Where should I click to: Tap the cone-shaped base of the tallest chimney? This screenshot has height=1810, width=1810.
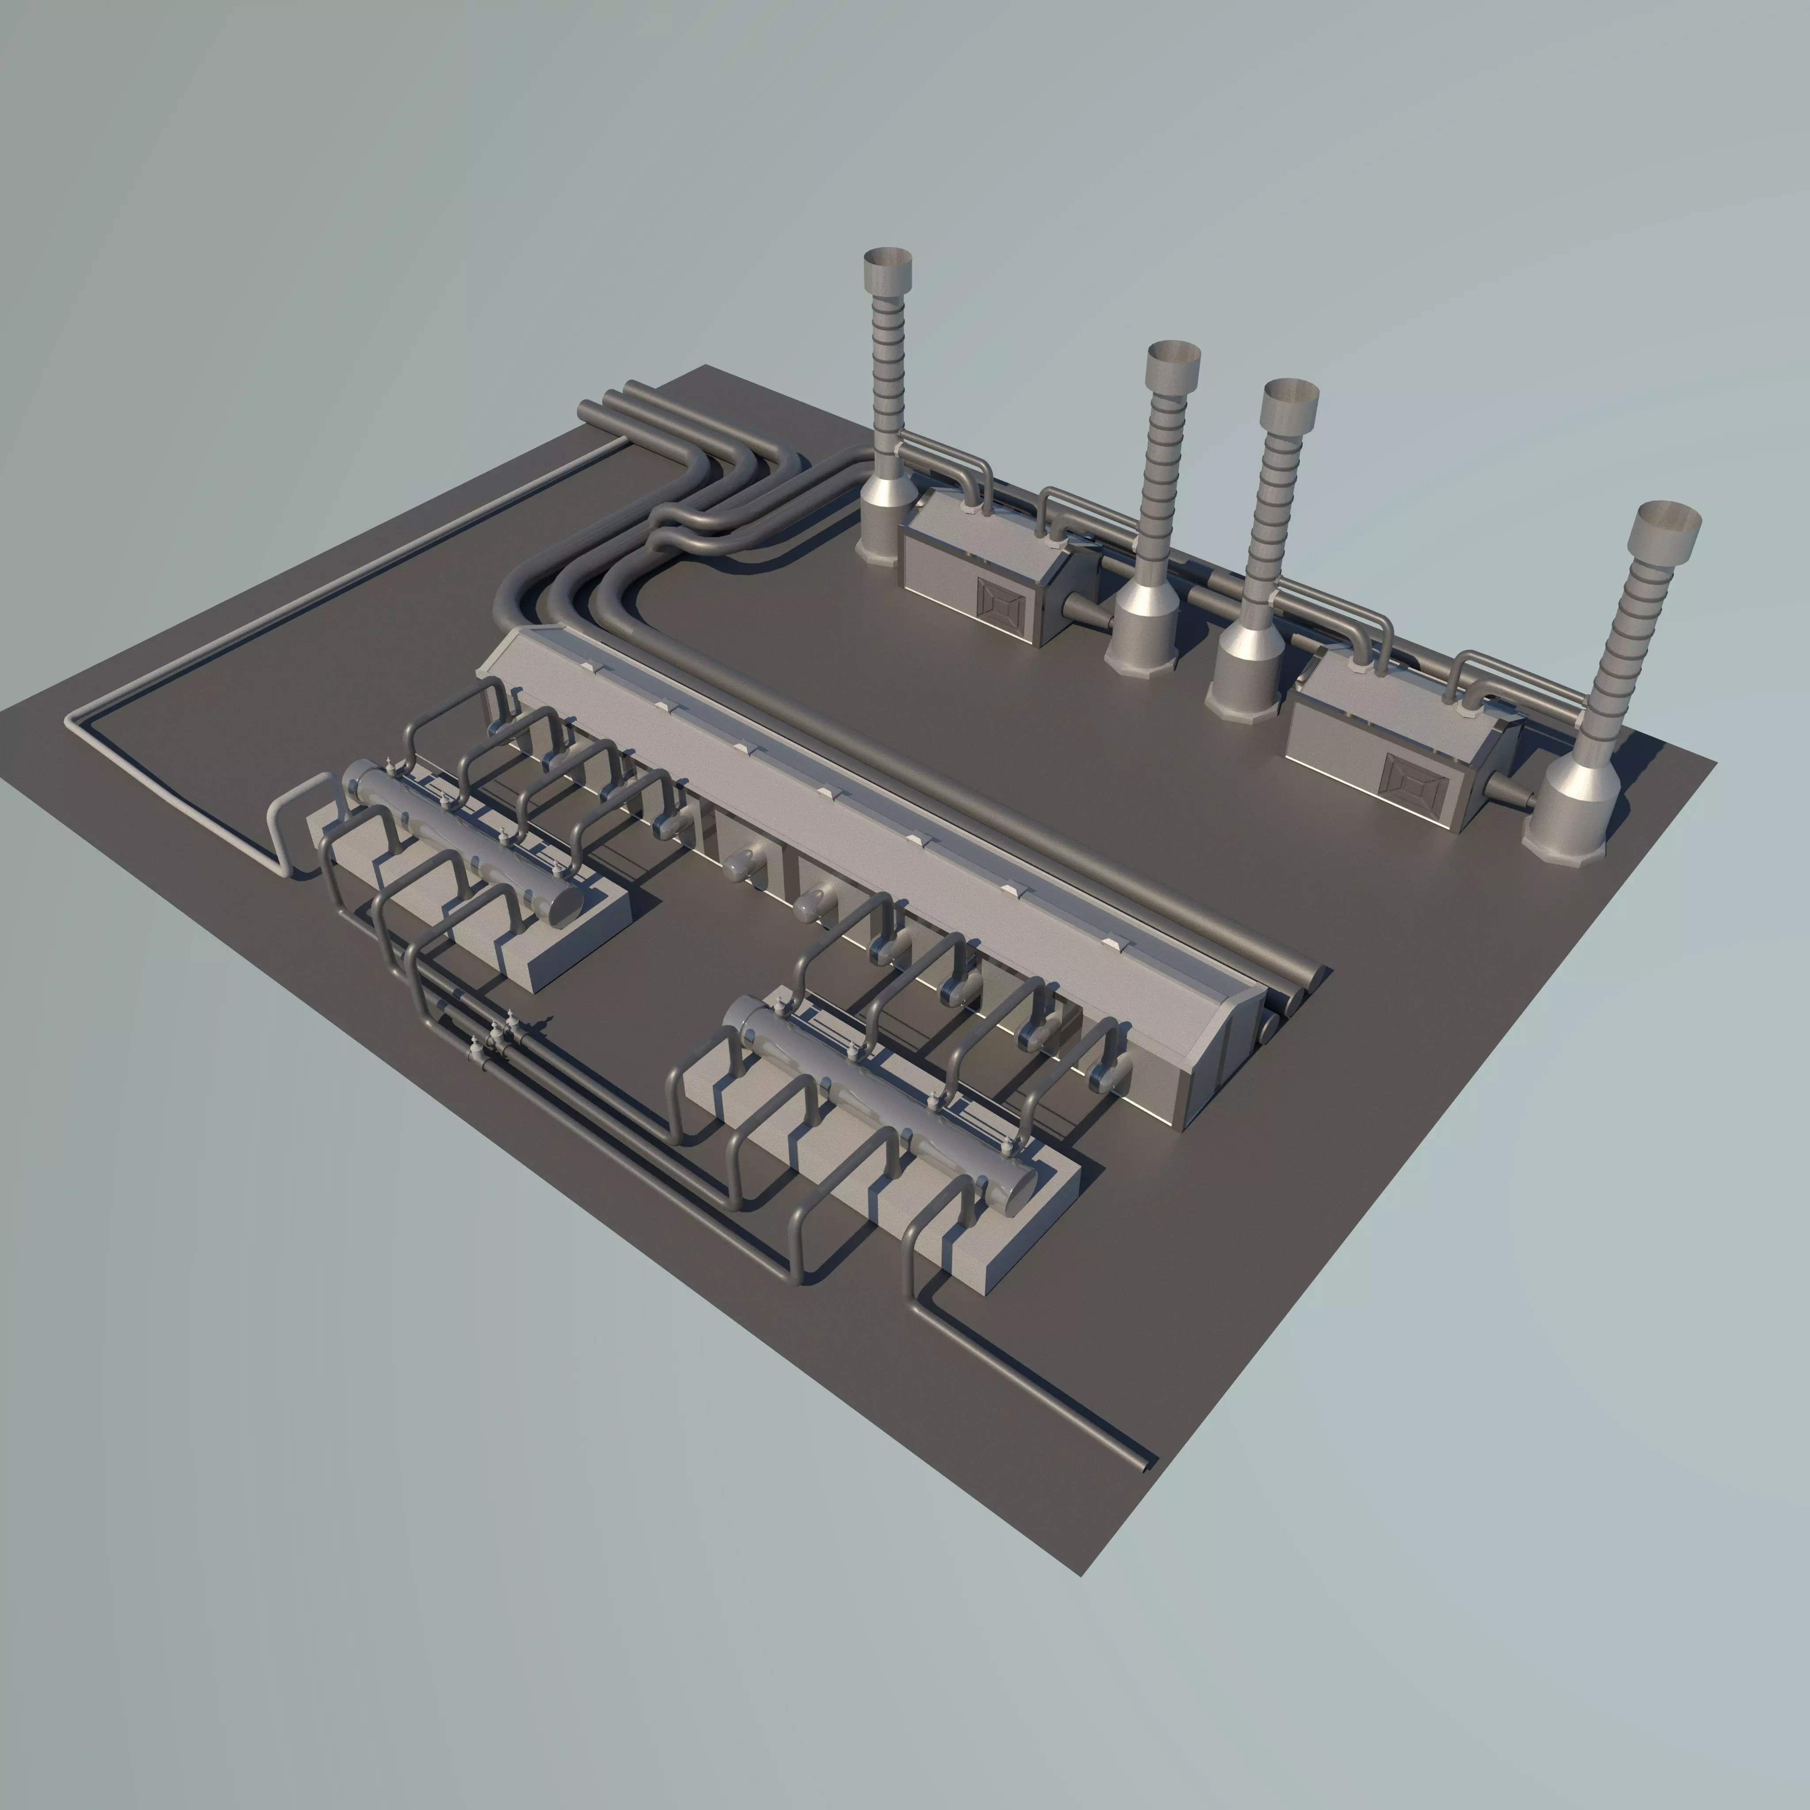pos(881,525)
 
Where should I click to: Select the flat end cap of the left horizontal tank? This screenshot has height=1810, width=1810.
pos(565,899)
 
